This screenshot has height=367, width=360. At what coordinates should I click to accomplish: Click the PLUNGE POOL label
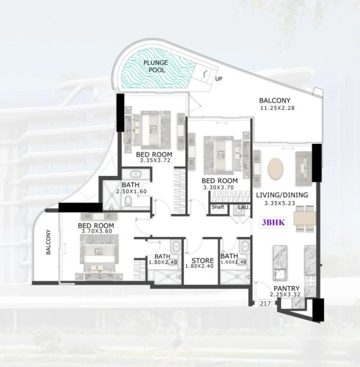click(x=156, y=66)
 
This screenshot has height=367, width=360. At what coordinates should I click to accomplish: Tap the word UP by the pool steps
click(x=218, y=79)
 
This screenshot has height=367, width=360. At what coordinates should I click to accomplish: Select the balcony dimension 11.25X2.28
click(x=277, y=108)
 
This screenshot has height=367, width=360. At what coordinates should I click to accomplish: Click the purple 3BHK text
click(x=274, y=223)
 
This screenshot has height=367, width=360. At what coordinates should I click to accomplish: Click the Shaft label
click(x=218, y=207)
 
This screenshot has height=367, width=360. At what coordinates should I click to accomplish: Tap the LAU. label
click(x=244, y=207)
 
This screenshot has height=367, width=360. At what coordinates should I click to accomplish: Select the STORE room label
click(x=202, y=261)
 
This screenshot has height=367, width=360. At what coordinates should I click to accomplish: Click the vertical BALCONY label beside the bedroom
click(x=48, y=242)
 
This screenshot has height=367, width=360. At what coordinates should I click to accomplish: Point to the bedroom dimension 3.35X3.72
click(x=154, y=160)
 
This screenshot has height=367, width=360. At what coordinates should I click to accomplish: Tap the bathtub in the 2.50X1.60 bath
click(x=135, y=174)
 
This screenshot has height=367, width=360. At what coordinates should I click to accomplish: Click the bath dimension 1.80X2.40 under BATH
click(x=162, y=263)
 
